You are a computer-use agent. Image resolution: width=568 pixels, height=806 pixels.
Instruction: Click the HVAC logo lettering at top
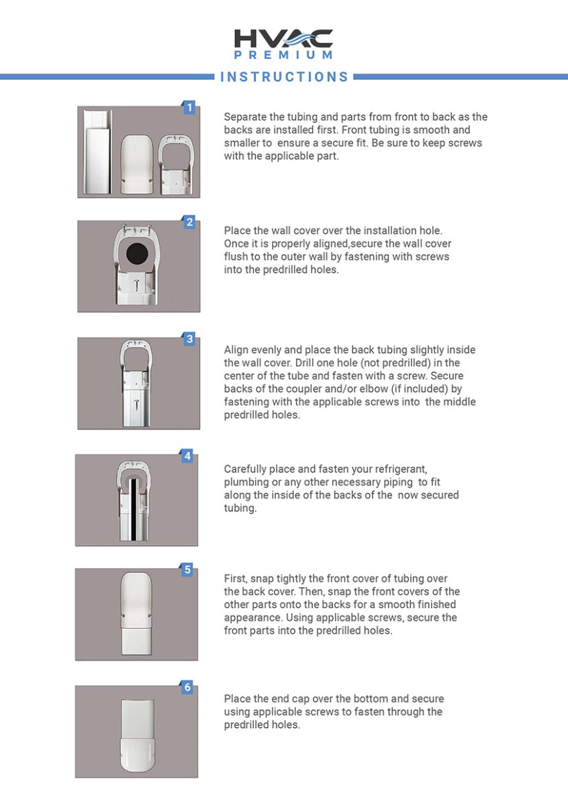[283, 38]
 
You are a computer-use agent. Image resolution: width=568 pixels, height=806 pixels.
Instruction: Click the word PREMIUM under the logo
[283, 55]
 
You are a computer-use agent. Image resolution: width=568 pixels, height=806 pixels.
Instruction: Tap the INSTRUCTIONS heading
[285, 77]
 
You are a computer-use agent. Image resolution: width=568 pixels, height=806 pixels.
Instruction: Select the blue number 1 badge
[189, 107]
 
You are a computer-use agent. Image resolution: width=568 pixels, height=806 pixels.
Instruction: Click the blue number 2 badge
[189, 222]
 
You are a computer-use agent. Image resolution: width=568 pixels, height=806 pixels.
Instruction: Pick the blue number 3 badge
[189, 339]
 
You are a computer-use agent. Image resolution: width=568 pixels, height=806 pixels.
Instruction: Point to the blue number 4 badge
[187, 456]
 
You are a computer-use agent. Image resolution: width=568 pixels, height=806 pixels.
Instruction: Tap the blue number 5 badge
[187, 570]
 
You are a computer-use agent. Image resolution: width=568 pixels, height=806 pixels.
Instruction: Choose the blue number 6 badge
[187, 687]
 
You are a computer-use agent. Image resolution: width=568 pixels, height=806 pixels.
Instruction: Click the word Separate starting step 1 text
[246, 117]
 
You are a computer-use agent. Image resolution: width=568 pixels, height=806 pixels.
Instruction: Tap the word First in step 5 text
[236, 578]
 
